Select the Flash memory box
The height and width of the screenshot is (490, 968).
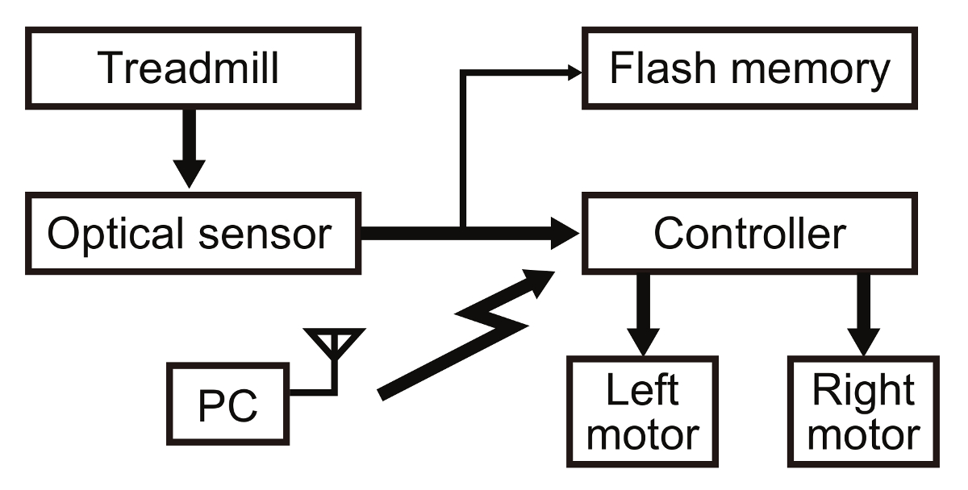tap(749, 69)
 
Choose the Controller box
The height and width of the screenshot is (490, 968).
tap(749, 234)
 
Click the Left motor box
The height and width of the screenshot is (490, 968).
tap(642, 411)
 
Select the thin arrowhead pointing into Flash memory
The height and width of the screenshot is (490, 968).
tap(575, 73)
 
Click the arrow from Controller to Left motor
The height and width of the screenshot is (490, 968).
tap(642, 314)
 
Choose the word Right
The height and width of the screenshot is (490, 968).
tap(864, 392)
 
